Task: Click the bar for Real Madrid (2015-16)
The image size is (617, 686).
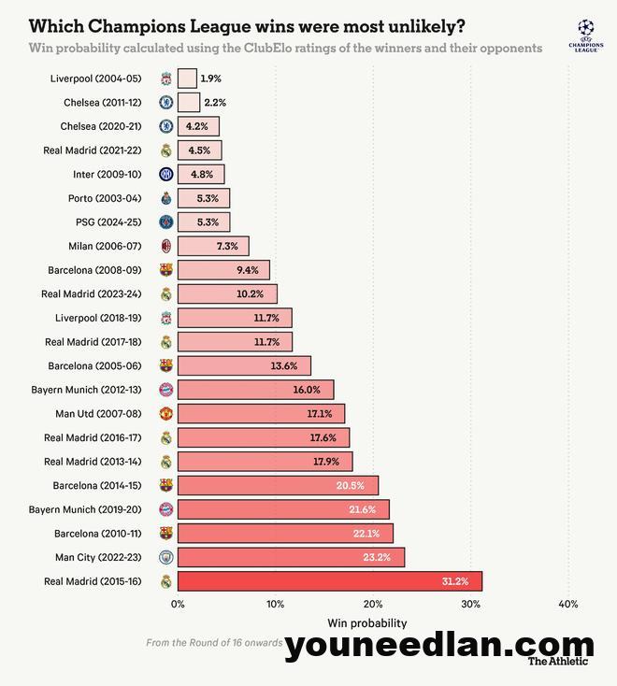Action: coord(329,581)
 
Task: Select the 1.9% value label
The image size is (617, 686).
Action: coord(210,79)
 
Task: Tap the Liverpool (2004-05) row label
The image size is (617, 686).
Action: coord(96,79)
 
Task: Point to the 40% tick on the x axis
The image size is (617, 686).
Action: coord(567,604)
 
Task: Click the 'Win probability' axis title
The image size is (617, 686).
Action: coord(367,623)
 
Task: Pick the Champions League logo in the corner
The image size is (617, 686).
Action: coord(585,35)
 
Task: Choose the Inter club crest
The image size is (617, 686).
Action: coord(165,174)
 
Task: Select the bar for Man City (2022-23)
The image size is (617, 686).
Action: coord(291,557)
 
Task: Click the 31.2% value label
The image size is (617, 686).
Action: coord(455,581)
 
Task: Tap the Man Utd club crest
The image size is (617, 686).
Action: coord(165,413)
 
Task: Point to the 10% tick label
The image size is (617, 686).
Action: coord(275,604)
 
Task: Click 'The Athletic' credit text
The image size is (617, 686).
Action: coord(559,662)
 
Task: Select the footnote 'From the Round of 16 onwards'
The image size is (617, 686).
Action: coord(214,643)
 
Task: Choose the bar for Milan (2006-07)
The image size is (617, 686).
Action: coord(213,246)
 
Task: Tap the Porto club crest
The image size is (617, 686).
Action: coord(165,198)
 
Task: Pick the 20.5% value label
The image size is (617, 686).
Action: coord(352,485)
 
